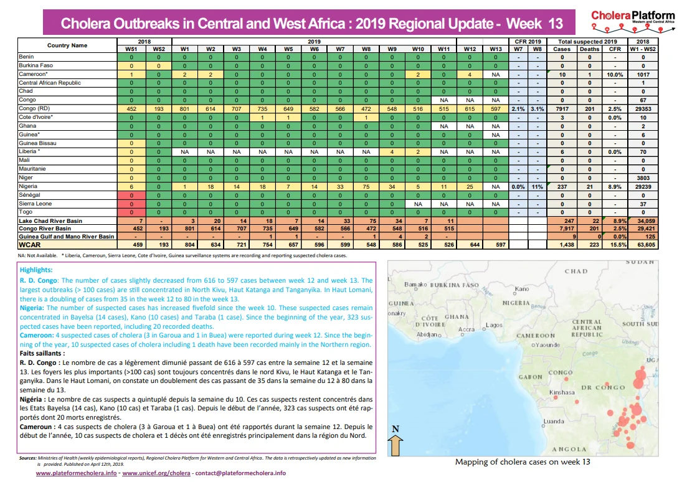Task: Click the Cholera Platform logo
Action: pyautogui.click(x=633, y=21)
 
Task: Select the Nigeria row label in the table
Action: pyautogui.click(x=28, y=186)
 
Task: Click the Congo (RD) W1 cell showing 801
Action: pyautogui.click(x=185, y=109)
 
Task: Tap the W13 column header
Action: pyautogui.click(x=496, y=49)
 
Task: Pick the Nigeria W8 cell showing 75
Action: pyautogui.click(x=366, y=187)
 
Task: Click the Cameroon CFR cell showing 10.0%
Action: pyautogui.click(x=615, y=74)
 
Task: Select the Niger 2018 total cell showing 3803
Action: pyautogui.click(x=643, y=178)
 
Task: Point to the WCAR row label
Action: pyautogui.click(x=29, y=245)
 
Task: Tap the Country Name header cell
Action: pyautogui.click(x=67, y=45)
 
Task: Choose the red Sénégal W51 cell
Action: pyautogui.click(x=131, y=196)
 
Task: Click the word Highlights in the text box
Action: pyautogui.click(x=36, y=270)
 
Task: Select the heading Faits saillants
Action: pyautogui.click(x=42, y=353)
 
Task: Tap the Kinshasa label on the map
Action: pyautogui.click(x=562, y=392)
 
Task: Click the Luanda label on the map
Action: pyautogui.click(x=554, y=421)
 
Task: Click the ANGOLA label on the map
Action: pyautogui.click(x=569, y=449)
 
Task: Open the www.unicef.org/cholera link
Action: pyautogui.click(x=156, y=473)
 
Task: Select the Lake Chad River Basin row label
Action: pyautogui.click(x=50, y=220)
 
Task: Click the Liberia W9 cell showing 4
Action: pyautogui.click(x=392, y=152)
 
